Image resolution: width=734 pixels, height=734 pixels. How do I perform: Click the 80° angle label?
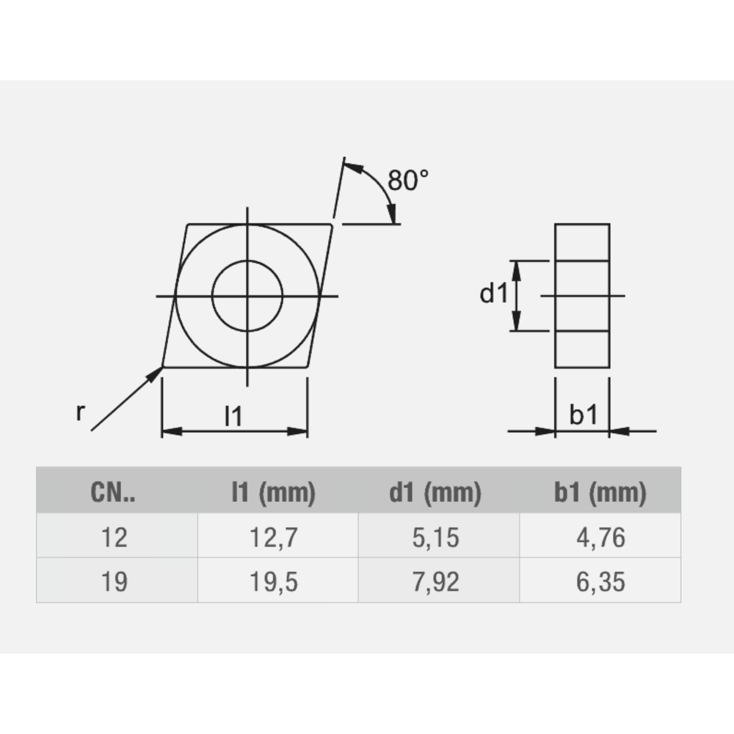pyautogui.click(x=408, y=180)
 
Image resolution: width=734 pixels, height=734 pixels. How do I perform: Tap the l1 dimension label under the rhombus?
pyautogui.click(x=233, y=416)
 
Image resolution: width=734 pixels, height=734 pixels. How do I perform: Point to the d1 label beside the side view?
pyautogui.click(x=493, y=294)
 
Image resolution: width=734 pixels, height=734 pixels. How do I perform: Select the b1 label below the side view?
pyautogui.click(x=583, y=416)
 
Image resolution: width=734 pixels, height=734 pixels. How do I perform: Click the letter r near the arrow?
pyautogui.click(x=80, y=413)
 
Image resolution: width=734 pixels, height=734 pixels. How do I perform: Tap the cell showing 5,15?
pyautogui.click(x=435, y=537)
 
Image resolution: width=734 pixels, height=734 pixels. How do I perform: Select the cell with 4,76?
pyautogui.click(x=600, y=537)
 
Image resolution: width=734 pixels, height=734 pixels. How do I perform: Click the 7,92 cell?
pyautogui.click(x=435, y=581)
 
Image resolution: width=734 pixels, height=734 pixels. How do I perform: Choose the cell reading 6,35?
pyautogui.click(x=600, y=581)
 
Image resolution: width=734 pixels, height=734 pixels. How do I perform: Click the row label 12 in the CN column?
pyautogui.click(x=115, y=537)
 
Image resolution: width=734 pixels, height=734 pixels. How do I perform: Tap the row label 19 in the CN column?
pyautogui.click(x=115, y=581)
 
